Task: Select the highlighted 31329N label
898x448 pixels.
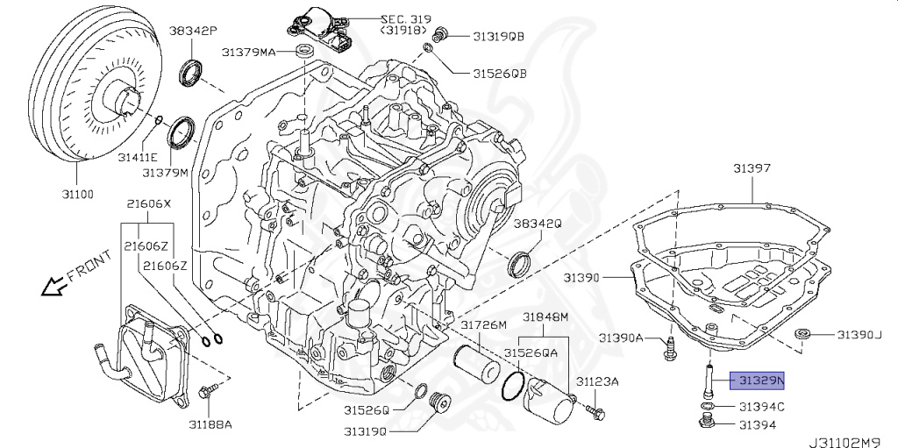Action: click(x=759, y=380)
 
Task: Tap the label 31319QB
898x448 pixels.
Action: click(x=498, y=36)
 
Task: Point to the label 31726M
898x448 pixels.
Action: click(x=484, y=325)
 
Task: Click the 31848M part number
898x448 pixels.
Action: click(x=545, y=316)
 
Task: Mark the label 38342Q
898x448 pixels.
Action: click(x=537, y=224)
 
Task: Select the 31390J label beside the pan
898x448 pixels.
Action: click(x=858, y=334)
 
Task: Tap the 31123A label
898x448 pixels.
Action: click(x=597, y=381)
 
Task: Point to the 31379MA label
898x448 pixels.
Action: click(x=249, y=53)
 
